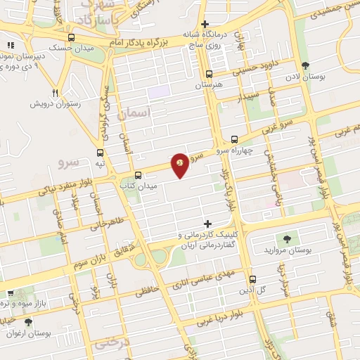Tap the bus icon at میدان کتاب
click(x=138, y=175)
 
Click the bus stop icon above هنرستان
click(x=208, y=74)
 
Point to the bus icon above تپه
click(x=101, y=152)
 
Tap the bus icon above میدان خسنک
click(x=71, y=38)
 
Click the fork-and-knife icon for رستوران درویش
click(x=55, y=92)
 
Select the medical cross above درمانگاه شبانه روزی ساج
click(x=204, y=24)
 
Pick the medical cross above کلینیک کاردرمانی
click(x=206, y=223)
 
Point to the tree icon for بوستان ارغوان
click(x=28, y=321)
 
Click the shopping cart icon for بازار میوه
click(x=10, y=293)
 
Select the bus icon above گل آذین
click(x=252, y=279)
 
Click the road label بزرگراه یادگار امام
click(x=150, y=41)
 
